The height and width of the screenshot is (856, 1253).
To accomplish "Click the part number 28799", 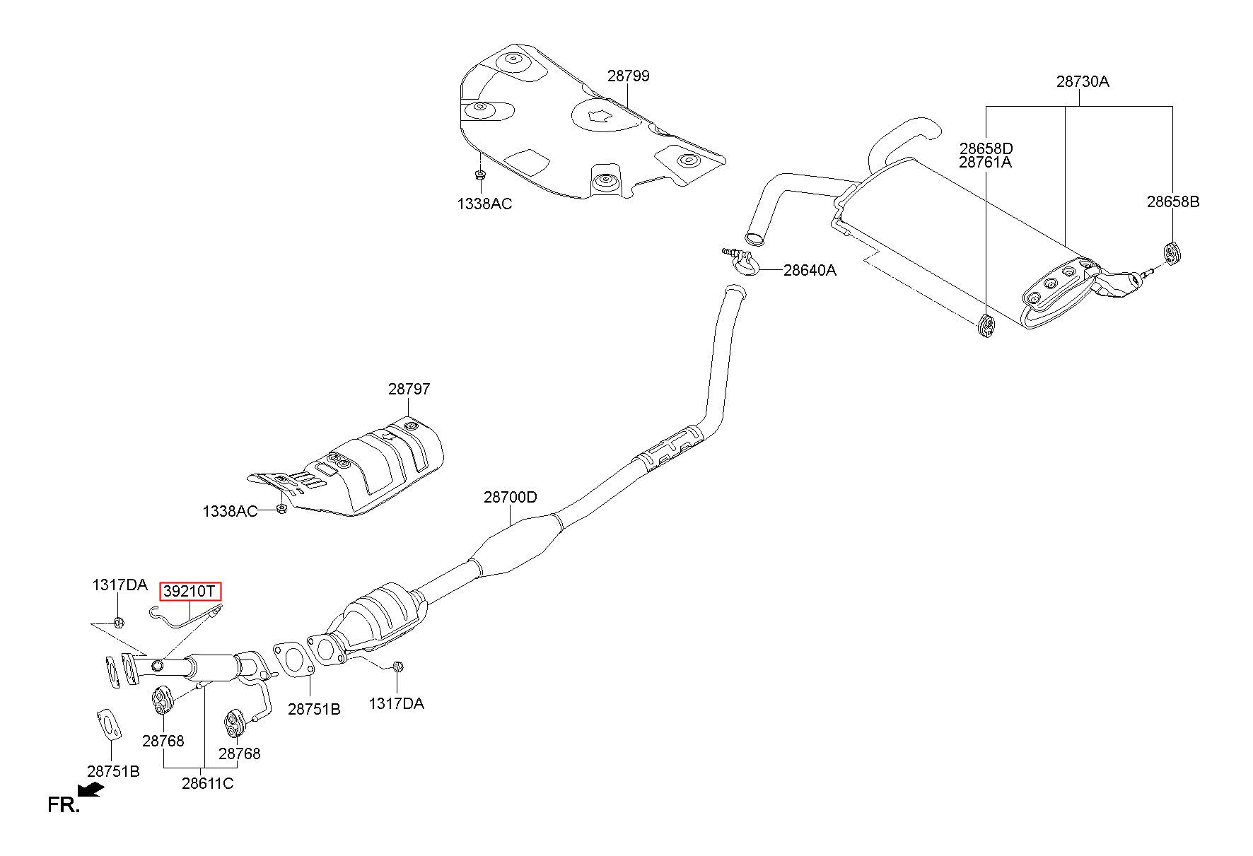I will [x=628, y=76].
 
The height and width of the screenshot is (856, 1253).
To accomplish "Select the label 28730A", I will [x=1083, y=81].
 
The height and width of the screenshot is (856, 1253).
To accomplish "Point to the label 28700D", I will [x=510, y=497].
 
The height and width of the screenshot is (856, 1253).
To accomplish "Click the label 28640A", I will [x=810, y=270].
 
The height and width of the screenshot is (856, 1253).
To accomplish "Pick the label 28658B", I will [x=1173, y=201].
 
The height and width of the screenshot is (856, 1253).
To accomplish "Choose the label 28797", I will [x=409, y=389].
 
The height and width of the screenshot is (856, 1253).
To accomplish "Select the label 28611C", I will [x=207, y=783].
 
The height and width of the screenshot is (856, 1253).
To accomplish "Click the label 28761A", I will [x=986, y=163].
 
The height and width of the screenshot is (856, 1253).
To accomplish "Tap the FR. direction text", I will [x=63, y=804].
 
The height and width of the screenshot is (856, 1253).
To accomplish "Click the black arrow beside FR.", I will [x=91, y=789].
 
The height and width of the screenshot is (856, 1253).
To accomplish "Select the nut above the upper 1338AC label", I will [x=479, y=175].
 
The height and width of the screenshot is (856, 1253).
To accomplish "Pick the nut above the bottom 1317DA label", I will [x=397, y=666].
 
